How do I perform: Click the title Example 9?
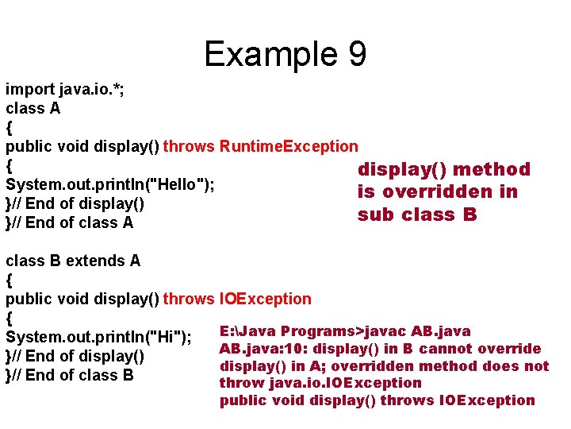[285, 54]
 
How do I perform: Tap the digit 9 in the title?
[356, 54]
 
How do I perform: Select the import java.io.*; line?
[64, 89]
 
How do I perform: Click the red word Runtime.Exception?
[289, 146]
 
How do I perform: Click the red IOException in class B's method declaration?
[264, 300]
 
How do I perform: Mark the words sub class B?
[417, 214]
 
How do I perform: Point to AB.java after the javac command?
[441, 331]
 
